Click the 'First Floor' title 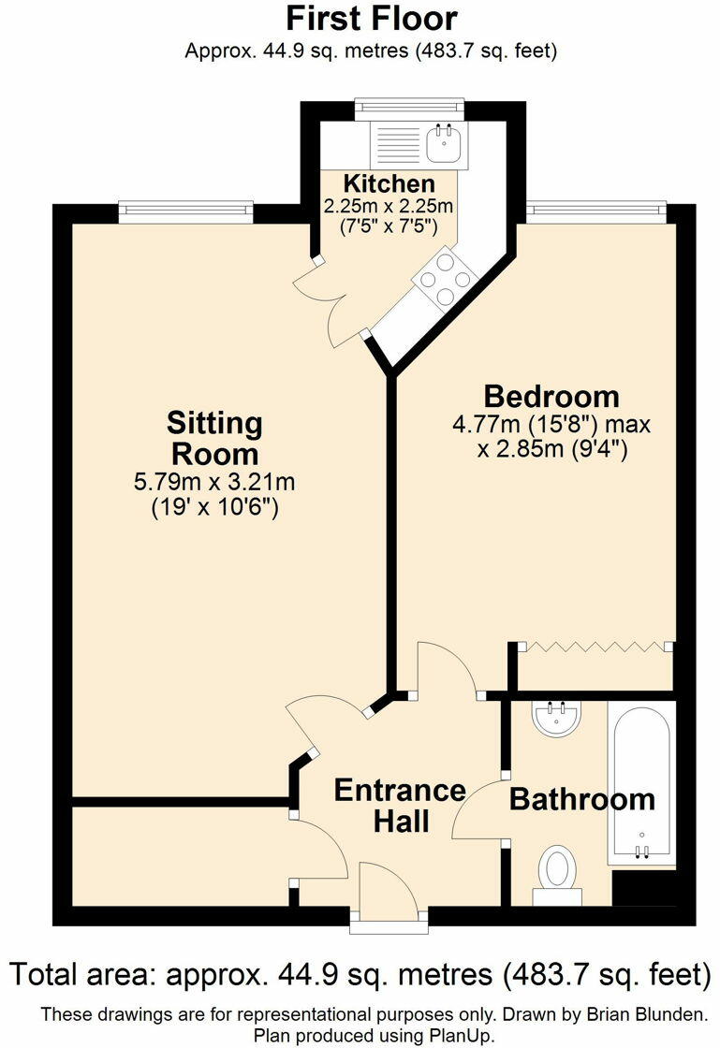pyautogui.click(x=371, y=19)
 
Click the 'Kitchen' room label pyautogui.click(x=389, y=183)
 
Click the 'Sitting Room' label pyautogui.click(x=214, y=438)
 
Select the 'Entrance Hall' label pyautogui.click(x=400, y=805)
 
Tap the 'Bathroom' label pyautogui.click(x=581, y=800)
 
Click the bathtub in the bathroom pyautogui.click(x=640, y=782)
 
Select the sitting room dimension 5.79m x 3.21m pyautogui.click(x=215, y=483)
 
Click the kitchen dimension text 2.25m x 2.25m pyautogui.click(x=389, y=206)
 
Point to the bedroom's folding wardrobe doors pyautogui.click(x=594, y=647)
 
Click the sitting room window pyautogui.click(x=186, y=212)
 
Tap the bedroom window pyautogui.click(x=595, y=211)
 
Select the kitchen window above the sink pyautogui.click(x=410, y=109)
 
